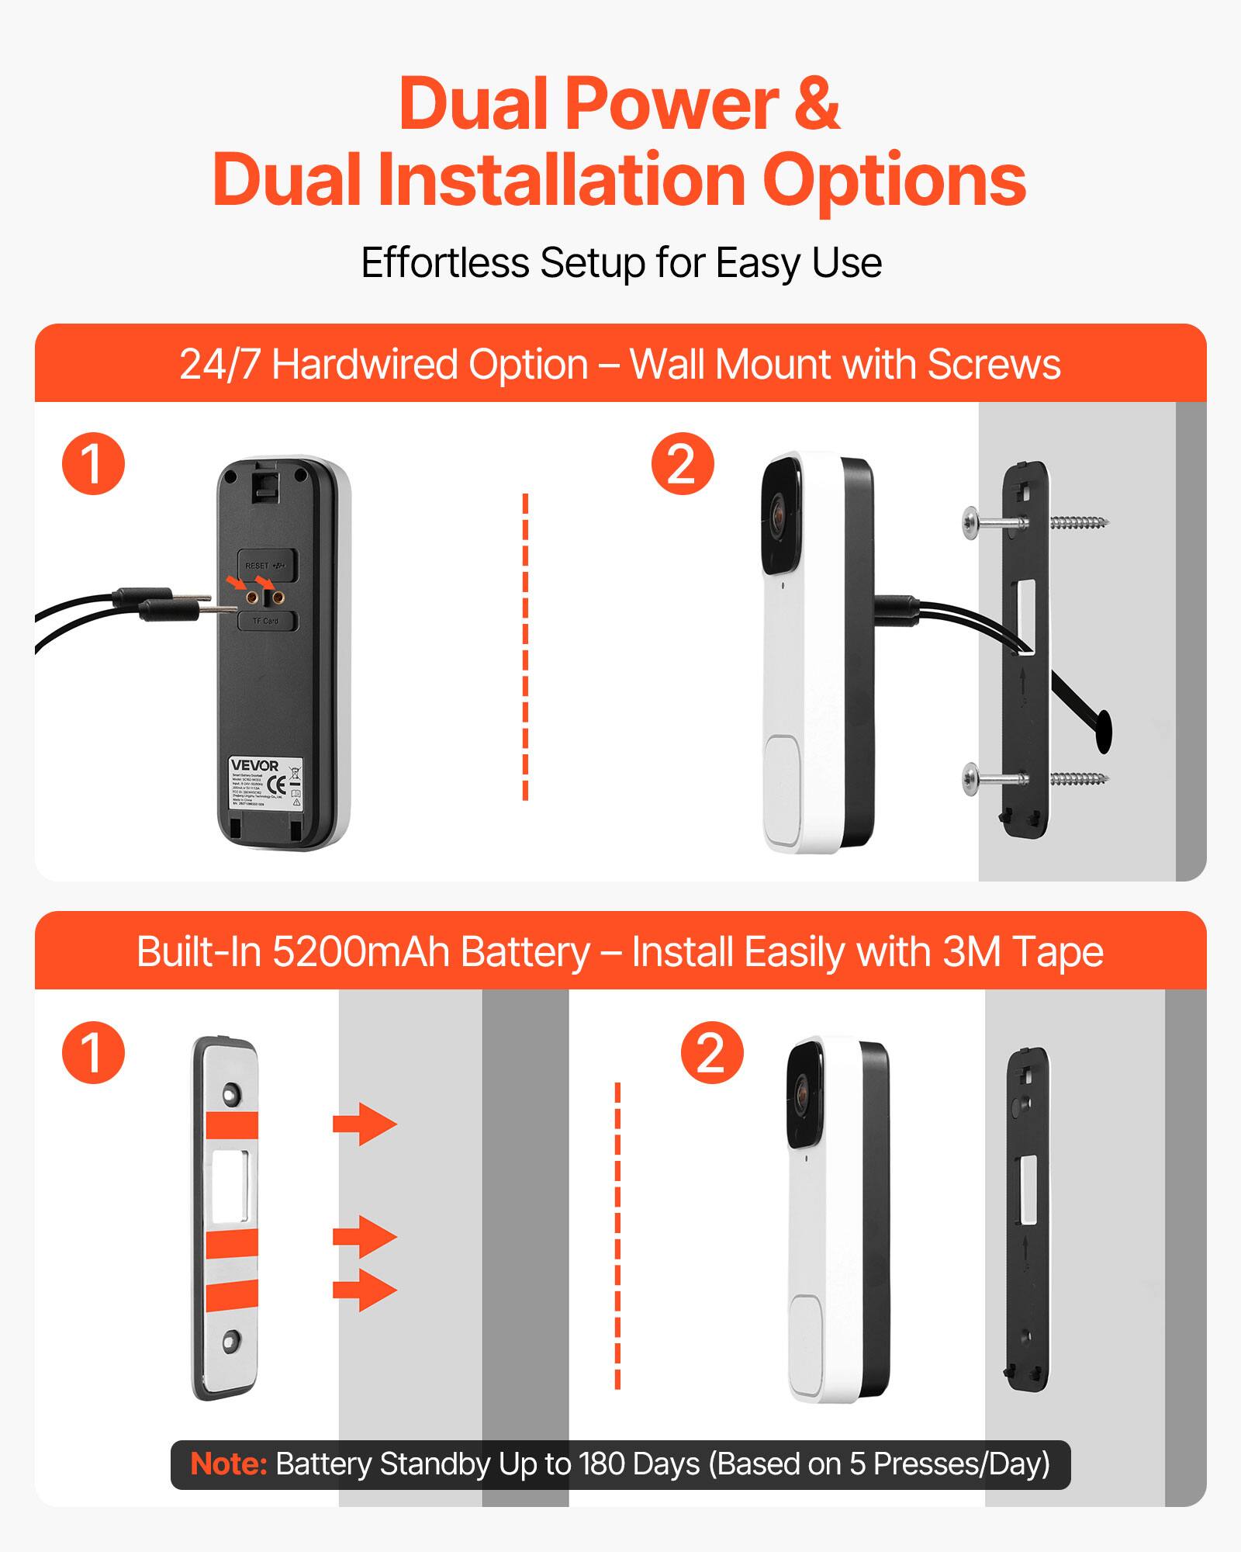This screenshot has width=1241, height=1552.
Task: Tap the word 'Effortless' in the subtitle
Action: point(445,263)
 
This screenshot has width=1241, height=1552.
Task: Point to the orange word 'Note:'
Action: point(228,1464)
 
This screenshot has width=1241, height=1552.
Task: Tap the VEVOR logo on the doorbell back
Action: point(254,766)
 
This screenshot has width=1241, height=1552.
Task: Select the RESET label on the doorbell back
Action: point(257,566)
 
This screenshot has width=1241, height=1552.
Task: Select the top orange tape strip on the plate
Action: point(232,1124)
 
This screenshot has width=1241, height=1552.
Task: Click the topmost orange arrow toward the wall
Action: point(364,1124)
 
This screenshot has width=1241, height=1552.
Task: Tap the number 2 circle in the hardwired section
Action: point(682,464)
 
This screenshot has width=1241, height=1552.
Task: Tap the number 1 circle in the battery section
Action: point(93,1052)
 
